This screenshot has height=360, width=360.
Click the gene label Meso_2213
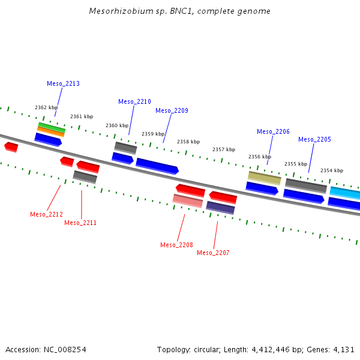pyautogui.click(x=63, y=84)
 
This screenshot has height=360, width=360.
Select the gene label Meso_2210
pyautogui.click(x=134, y=102)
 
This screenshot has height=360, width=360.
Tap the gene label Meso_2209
pyautogui.click(x=172, y=110)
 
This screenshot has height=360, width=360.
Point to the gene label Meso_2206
pyautogui.click(x=273, y=132)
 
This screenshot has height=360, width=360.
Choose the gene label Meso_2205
pyautogui.click(x=314, y=140)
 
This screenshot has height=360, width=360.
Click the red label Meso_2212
pyautogui.click(x=46, y=214)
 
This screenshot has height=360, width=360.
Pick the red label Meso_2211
pyautogui.click(x=80, y=223)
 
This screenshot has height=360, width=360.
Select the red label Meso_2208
pyautogui.click(x=176, y=245)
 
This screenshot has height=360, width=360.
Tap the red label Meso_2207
pyautogui.click(x=213, y=253)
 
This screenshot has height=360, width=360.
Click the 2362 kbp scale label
pyautogui.click(x=46, y=108)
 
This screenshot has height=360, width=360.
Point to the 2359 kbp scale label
pyautogui.click(x=153, y=134)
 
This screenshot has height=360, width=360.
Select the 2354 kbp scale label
pyautogui.click(x=332, y=171)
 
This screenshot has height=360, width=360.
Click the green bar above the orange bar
pyautogui.click(x=52, y=127)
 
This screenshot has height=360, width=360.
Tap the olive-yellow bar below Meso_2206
pyautogui.click(x=265, y=178)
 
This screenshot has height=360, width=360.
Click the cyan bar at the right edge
pyautogui.click(x=346, y=193)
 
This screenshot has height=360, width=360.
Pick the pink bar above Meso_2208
pyautogui.click(x=187, y=200)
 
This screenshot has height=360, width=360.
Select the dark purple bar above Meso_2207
pyautogui.click(x=220, y=208)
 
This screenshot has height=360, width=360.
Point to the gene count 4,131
pyautogui.click(x=343, y=349)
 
